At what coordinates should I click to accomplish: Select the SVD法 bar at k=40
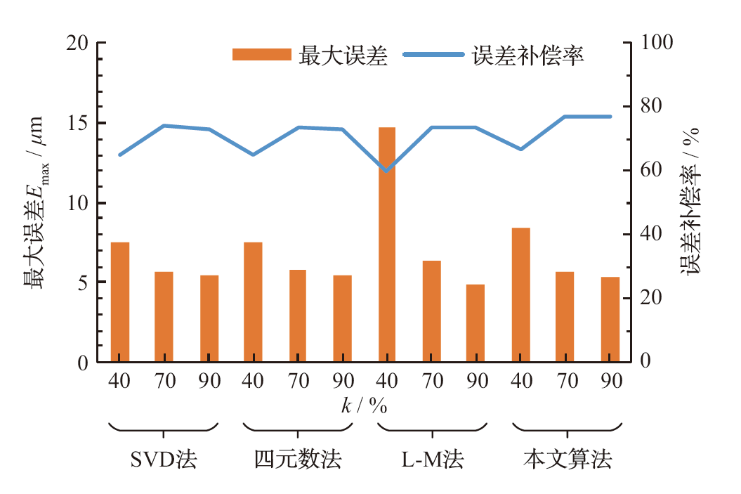click(120, 302)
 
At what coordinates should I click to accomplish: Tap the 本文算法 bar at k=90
click(610, 320)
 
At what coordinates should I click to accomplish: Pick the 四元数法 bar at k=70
click(298, 316)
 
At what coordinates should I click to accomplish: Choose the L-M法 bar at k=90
click(476, 323)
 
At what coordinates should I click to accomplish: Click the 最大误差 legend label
click(343, 56)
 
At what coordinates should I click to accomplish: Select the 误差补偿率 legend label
click(529, 56)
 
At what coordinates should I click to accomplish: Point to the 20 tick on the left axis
click(78, 44)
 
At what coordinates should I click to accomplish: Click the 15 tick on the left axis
click(78, 124)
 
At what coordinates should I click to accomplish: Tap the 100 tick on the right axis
click(657, 44)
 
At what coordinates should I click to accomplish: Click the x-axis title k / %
click(365, 406)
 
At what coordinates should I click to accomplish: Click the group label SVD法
click(164, 460)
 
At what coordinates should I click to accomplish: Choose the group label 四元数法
click(298, 460)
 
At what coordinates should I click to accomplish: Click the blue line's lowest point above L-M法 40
click(387, 170)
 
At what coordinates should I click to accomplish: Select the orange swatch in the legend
click(261, 55)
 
